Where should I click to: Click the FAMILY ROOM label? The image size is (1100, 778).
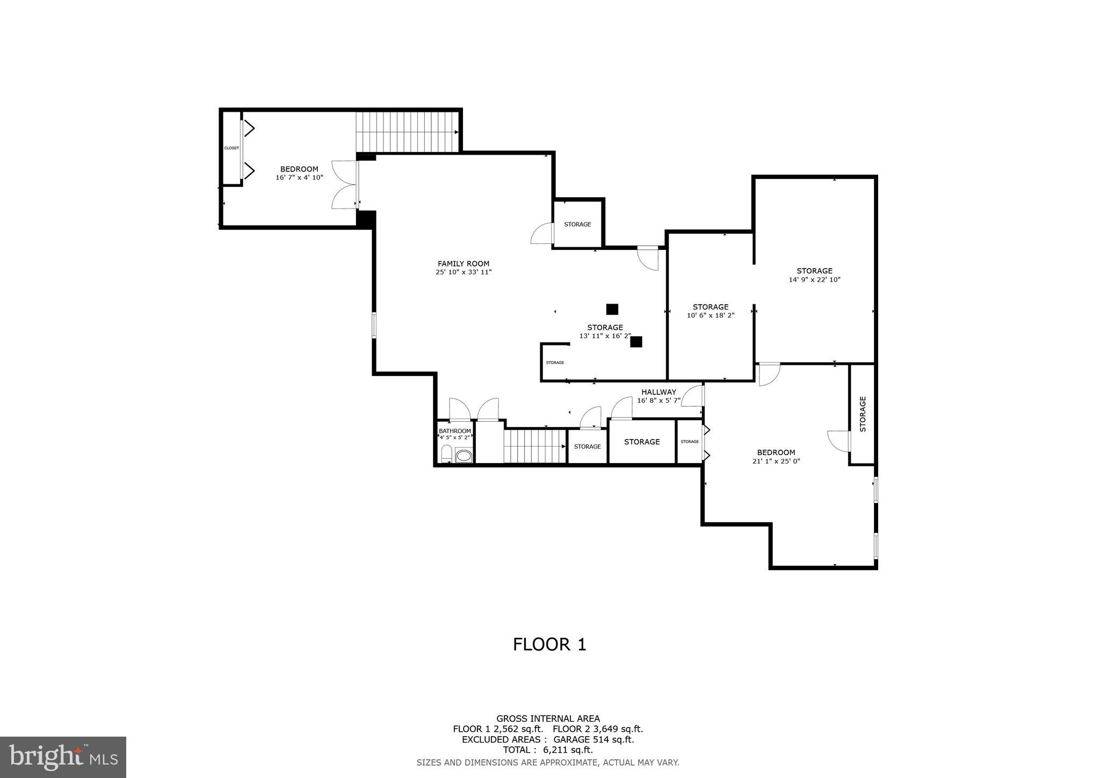pos(463,263)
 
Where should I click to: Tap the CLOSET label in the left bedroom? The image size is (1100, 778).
pos(231,148)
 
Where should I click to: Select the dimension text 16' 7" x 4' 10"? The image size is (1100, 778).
pos(299,177)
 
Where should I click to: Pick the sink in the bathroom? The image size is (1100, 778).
pos(463,456)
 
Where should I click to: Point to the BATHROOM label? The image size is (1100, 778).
pos(455,431)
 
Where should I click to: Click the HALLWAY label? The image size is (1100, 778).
pos(658,392)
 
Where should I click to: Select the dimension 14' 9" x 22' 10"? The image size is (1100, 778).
pos(814,279)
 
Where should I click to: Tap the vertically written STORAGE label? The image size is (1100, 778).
pos(863,414)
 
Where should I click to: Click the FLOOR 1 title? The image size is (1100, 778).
pos(549,644)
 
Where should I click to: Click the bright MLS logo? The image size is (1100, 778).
pos(63,757)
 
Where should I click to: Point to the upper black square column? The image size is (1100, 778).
pos(612,309)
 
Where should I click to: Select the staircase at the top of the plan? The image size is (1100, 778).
pos(407,132)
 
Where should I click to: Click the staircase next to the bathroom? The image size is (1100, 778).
pos(534,446)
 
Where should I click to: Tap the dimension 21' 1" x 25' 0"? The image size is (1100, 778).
pos(776,461)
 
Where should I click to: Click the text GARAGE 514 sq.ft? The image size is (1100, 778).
pos(594,739)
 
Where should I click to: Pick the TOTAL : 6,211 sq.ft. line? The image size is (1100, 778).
pos(548,750)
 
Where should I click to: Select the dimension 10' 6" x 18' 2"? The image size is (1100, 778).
pos(710,315)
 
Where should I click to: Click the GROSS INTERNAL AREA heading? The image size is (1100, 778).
pos(548,718)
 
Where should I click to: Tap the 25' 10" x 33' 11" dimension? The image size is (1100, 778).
pos(463,272)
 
